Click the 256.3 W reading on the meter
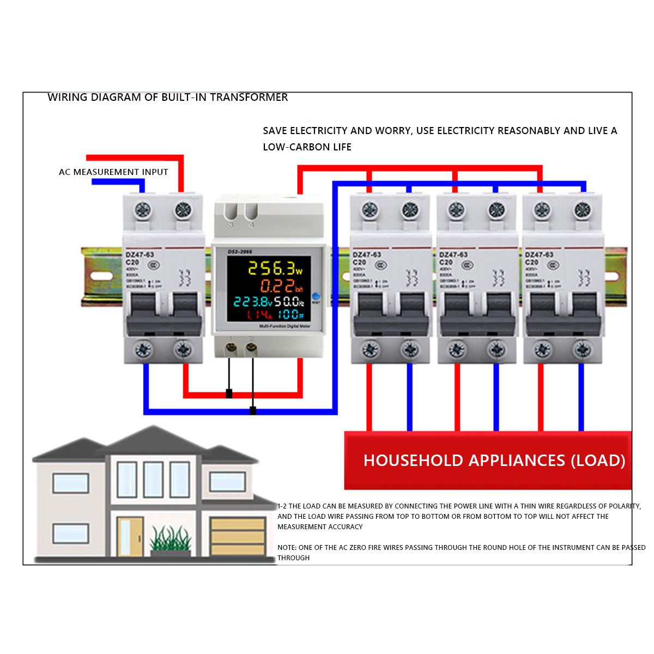point(274,268)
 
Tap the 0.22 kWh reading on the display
point(280,286)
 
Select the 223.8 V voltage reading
point(252,301)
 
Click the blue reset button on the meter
point(316,296)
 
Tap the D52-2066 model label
point(240,252)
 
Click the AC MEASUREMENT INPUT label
point(113,172)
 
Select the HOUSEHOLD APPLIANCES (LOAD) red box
point(488,461)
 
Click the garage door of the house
point(238,536)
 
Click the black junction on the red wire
point(229,393)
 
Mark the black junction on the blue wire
point(253,410)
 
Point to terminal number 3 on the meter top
point(231,225)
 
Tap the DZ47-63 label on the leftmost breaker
point(140,255)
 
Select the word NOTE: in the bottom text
point(287,548)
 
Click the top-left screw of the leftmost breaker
point(143,210)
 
